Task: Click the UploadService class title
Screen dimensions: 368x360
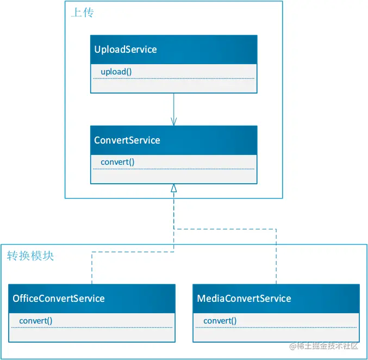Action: [126, 49]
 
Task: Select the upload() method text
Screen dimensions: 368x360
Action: [116, 72]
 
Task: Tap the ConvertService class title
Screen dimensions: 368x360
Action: [127, 140]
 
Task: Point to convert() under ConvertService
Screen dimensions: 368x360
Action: [117, 162]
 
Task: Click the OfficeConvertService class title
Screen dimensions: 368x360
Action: [59, 299]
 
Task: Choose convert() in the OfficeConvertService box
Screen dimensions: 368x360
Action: [36, 321]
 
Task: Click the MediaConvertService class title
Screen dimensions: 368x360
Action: [244, 299]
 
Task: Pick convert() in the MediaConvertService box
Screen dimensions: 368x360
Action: [220, 321]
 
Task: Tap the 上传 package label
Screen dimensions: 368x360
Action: [83, 13]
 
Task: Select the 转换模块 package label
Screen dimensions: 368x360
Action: [30, 256]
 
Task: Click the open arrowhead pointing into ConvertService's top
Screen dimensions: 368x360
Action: [174, 121]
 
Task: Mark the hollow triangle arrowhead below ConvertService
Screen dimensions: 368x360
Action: [174, 188]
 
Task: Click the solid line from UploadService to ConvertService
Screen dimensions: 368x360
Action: [174, 109]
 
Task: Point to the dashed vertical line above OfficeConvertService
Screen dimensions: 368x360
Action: [92, 268]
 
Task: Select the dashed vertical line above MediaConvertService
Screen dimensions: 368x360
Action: [276, 257]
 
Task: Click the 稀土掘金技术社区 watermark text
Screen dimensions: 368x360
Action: [324, 346]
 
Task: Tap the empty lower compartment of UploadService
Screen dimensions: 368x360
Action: [174, 86]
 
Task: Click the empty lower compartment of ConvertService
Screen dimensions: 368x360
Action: [174, 176]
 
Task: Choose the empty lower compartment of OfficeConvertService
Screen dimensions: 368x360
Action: [92, 334]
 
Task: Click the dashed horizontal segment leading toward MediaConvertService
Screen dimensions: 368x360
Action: [225, 229]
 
